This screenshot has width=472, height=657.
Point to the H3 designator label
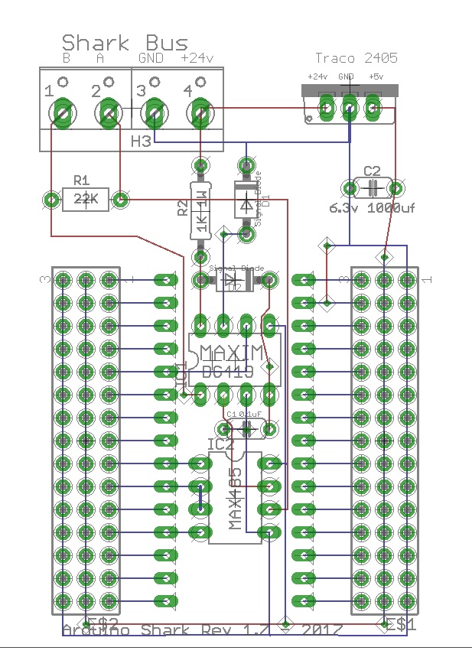click(141, 141)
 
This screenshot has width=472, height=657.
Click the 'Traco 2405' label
click(356, 58)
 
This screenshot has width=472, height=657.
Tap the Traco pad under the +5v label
click(373, 109)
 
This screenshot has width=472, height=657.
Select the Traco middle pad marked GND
click(350, 109)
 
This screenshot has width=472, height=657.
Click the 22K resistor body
click(85, 200)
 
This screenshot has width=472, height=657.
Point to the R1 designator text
click(81, 181)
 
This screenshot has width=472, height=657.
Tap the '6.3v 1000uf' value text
click(372, 207)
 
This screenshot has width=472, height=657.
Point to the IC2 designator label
click(220, 444)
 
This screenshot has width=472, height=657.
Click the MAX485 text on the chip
click(236, 499)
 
